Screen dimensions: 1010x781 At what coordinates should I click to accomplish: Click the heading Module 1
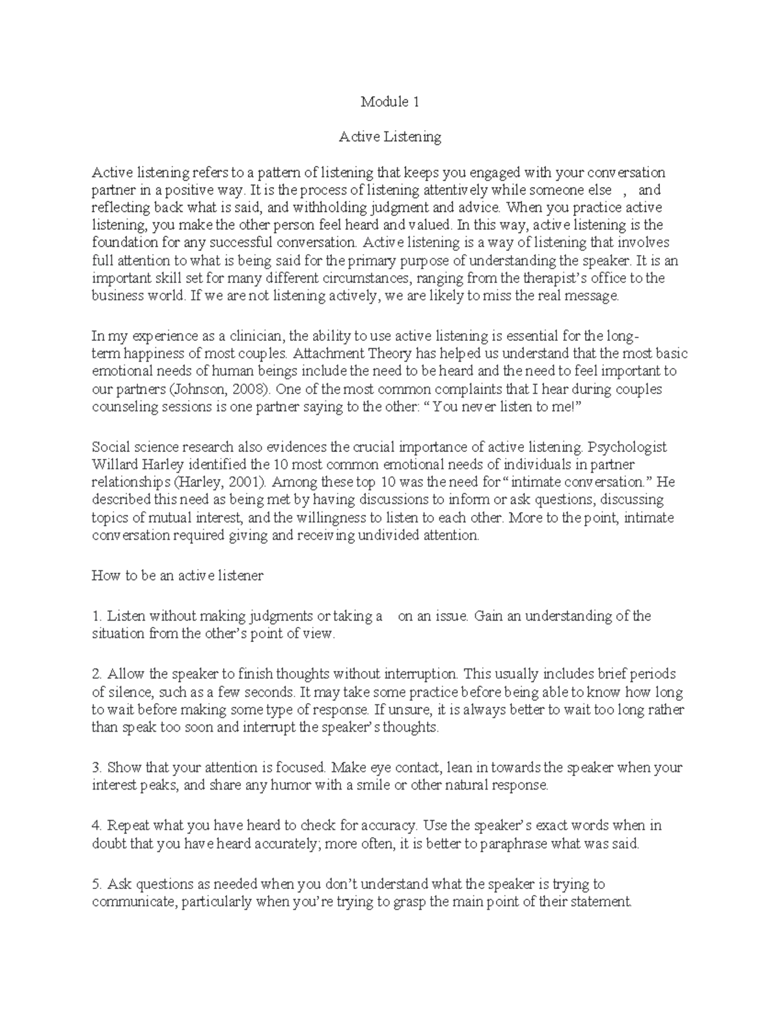pos(390,101)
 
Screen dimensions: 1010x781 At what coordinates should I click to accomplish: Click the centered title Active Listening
pos(390,137)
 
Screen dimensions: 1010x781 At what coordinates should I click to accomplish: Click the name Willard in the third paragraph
pos(113,465)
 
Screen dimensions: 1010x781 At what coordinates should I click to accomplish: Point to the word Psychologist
pos(625,447)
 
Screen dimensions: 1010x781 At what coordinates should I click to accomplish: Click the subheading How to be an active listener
pos(177,576)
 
